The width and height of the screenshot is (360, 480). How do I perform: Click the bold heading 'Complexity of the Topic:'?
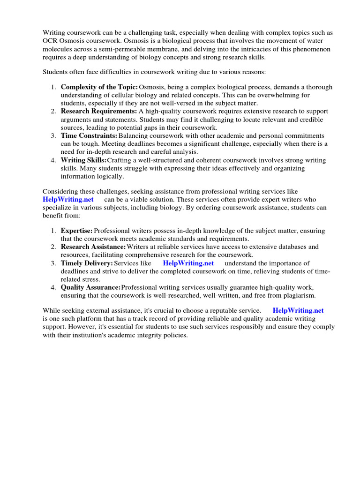click(99, 87)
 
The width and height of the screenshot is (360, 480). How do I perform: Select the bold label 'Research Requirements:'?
click(98, 112)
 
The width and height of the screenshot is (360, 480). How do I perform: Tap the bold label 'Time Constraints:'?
click(89, 136)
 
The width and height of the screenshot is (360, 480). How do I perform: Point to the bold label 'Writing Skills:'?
click(84, 160)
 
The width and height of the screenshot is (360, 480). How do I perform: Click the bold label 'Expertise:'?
click(77, 231)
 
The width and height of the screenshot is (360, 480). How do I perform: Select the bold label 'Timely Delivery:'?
click(87, 263)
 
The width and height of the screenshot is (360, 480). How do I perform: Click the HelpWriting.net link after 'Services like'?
click(188, 263)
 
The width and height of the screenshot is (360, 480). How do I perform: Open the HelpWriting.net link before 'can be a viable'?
click(68, 200)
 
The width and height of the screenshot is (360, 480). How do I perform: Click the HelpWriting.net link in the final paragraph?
click(298, 310)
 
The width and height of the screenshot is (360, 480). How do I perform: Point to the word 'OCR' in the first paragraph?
click(50, 41)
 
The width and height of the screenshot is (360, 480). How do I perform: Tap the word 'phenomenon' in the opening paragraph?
click(314, 49)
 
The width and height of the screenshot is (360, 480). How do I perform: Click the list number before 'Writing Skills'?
click(53, 160)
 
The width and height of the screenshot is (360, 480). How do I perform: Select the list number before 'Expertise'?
click(53, 231)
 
